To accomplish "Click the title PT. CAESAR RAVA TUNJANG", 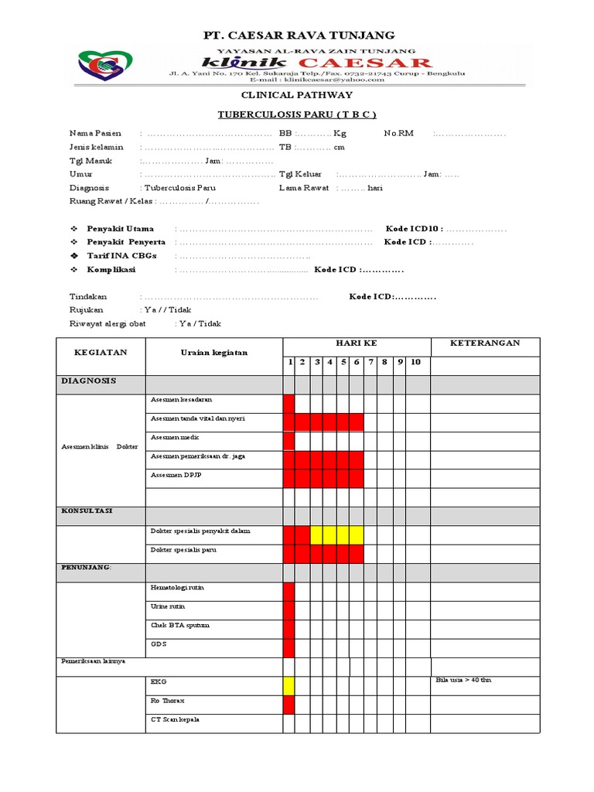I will pyautogui.click(x=299, y=36).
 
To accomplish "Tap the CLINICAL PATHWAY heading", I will pyautogui.click(x=298, y=94).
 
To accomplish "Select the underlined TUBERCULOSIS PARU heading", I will pyautogui.click(x=298, y=114).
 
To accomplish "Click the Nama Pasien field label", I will pyautogui.click(x=95, y=133).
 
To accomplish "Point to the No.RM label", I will pyautogui.click(x=399, y=133).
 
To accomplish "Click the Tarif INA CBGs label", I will pyautogui.click(x=117, y=256).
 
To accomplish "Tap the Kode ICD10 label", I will pyautogui.click(x=413, y=229).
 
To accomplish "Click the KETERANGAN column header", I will pyautogui.click(x=485, y=343).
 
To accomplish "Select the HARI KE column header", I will pyautogui.click(x=356, y=343).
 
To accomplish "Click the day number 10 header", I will pyautogui.click(x=415, y=361).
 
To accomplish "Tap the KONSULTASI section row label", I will pyautogui.click(x=87, y=511).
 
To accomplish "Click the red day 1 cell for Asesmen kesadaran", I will pyautogui.click(x=288, y=403).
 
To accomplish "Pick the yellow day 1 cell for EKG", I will pyautogui.click(x=288, y=685).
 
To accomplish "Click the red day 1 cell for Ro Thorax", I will pyautogui.click(x=288, y=704).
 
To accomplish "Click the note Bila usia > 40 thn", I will pyautogui.click(x=464, y=681).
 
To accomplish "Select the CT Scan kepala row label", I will pyautogui.click(x=175, y=719).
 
